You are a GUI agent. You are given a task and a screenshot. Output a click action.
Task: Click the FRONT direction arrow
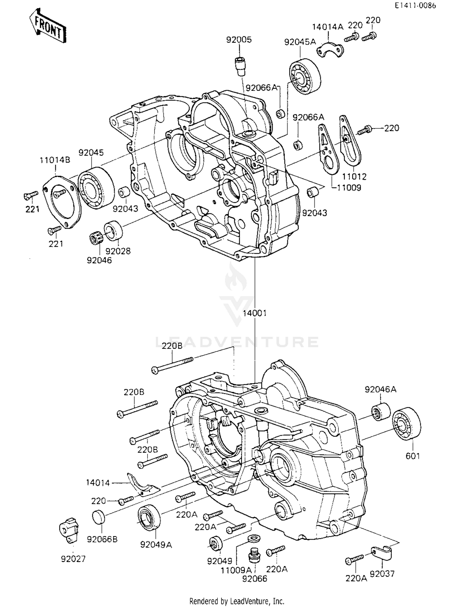pyautogui.click(x=48, y=26)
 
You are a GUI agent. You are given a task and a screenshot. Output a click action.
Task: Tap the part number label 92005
pyautogui.click(x=239, y=40)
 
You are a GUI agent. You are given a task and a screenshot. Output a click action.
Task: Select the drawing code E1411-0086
pyautogui.click(x=415, y=6)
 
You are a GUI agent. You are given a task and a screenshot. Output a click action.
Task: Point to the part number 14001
pyautogui.click(x=255, y=313)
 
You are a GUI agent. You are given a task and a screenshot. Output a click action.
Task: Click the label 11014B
pyautogui.click(x=55, y=160)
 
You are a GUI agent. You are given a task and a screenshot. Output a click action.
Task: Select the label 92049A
pyautogui.click(x=156, y=545)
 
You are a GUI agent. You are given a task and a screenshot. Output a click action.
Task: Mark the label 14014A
pyautogui.click(x=328, y=27)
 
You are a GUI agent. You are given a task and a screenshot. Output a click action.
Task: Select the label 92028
pyautogui.click(x=118, y=251)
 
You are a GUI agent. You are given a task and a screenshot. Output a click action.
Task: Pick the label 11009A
pyautogui.click(x=236, y=570)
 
